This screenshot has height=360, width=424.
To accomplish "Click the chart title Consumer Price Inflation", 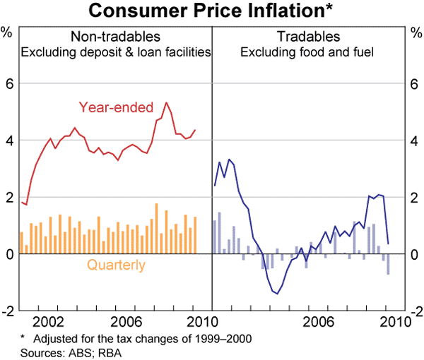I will click(x=211, y=11).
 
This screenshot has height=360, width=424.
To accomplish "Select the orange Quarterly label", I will click(x=116, y=265).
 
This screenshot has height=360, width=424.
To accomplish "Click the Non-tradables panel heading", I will click(x=115, y=37).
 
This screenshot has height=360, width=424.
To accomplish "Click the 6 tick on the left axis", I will click(x=10, y=84).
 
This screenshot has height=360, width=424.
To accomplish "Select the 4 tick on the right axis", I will click(x=414, y=140).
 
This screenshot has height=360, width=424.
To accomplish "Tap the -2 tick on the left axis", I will click(x=8, y=311).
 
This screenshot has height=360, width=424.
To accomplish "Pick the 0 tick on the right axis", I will click(x=414, y=254).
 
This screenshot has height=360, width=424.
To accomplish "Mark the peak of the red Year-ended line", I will click(x=166, y=103).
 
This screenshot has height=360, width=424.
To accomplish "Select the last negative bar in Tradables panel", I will click(x=388, y=263).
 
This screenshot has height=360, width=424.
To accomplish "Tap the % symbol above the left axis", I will click(x=8, y=32).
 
